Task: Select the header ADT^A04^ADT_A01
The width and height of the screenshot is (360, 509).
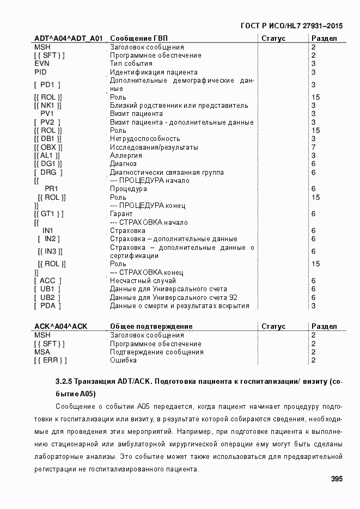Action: [x=68, y=39]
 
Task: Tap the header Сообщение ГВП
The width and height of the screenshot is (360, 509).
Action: [x=139, y=39]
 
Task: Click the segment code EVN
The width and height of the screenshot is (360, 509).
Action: [x=42, y=64]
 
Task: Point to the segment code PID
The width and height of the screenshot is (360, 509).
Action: [x=41, y=72]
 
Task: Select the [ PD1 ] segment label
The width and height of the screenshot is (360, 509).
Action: [x=47, y=84]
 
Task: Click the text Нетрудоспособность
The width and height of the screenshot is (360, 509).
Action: [x=145, y=139]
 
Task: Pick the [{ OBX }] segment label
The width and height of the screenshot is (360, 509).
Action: [x=48, y=148]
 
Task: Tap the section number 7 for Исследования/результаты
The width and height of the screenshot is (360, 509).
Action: [x=313, y=148]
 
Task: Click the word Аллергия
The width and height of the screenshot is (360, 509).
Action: [x=126, y=156]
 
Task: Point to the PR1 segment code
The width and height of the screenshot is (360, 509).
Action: [x=52, y=189]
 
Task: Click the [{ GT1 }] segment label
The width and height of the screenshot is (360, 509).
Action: [x=49, y=214]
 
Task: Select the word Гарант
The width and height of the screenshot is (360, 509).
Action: [x=121, y=214]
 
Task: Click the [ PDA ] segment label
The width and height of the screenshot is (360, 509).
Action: [x=47, y=306]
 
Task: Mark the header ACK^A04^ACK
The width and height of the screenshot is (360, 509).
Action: [x=60, y=327]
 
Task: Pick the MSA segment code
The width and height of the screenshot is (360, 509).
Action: [x=42, y=352]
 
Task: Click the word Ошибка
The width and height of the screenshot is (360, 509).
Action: [x=124, y=360]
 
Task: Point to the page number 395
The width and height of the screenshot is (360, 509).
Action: [x=336, y=480]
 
